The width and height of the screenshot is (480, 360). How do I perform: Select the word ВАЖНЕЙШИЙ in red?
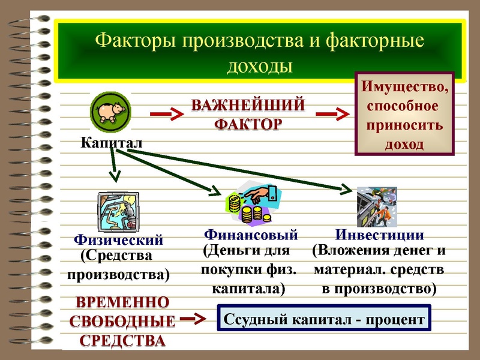248,106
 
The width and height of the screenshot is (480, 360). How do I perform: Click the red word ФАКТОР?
248,125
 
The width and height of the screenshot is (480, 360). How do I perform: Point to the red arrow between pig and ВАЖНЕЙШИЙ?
165,113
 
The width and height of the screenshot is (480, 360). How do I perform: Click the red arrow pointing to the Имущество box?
332,113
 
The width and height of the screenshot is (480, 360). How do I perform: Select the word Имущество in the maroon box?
404,88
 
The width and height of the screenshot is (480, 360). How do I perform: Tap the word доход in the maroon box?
403,145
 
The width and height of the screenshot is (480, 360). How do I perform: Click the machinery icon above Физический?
118,212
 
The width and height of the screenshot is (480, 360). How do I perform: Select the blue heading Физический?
118,241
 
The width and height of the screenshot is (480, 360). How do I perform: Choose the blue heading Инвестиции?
379,235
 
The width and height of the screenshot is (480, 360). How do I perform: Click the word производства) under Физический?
118,275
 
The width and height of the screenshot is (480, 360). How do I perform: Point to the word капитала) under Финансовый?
248,289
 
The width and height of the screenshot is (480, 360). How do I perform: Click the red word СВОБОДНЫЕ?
123,321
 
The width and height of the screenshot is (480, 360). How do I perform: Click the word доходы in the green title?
260,65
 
